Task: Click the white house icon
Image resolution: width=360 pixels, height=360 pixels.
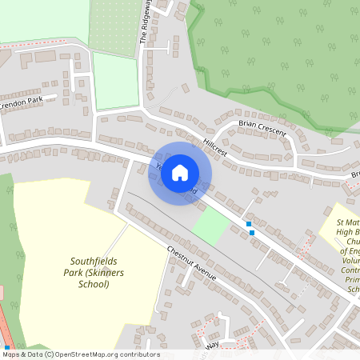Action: (x=180, y=171)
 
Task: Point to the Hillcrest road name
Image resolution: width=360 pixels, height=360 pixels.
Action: (x=215, y=145)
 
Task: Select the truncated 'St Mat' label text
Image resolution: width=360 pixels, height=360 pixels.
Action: (x=347, y=222)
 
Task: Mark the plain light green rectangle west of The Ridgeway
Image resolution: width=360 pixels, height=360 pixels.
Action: (x=115, y=80)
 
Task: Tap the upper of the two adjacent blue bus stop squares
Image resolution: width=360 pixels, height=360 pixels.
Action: (x=249, y=224)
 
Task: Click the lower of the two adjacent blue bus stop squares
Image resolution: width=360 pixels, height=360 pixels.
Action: (x=253, y=232)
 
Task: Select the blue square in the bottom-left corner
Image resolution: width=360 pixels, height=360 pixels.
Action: (x=6, y=346)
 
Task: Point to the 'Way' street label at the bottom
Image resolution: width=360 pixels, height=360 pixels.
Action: (x=212, y=345)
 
